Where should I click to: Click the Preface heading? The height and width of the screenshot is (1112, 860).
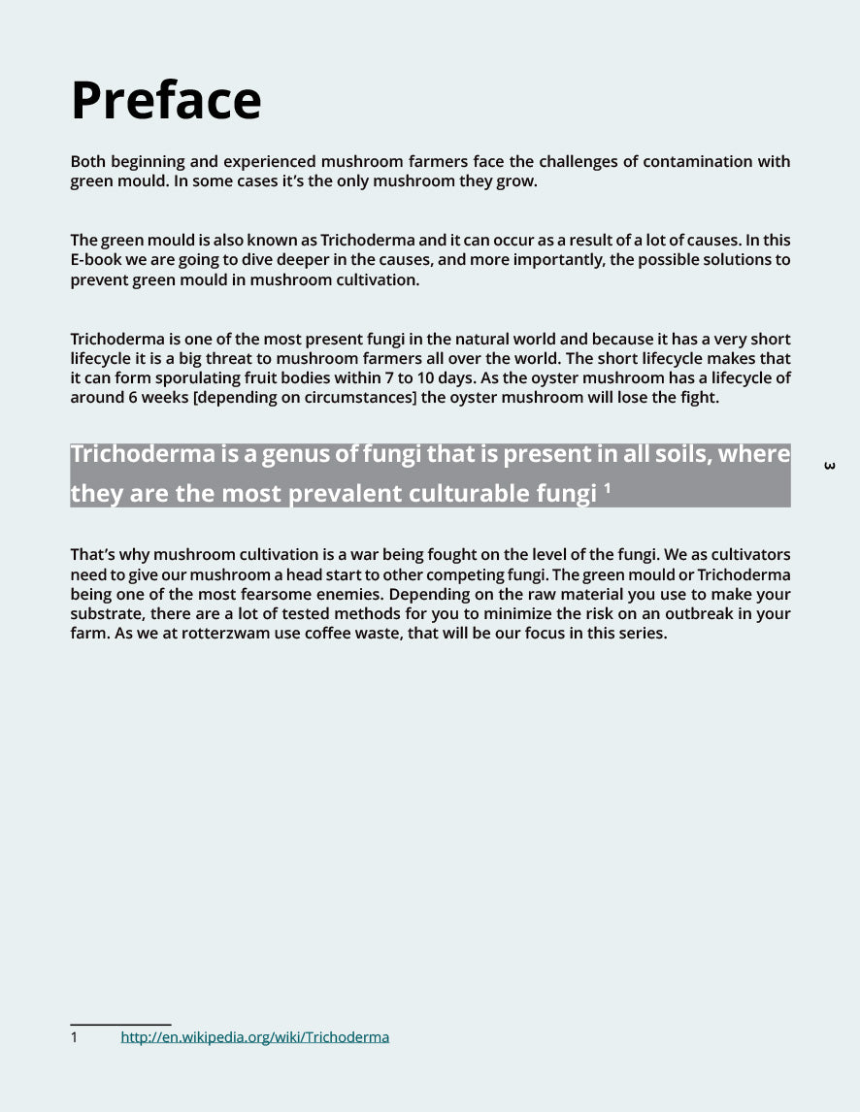point(166,100)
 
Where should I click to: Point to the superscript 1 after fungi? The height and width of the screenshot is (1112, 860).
point(607,488)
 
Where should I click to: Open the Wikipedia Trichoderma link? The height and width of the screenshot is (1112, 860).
point(254,1037)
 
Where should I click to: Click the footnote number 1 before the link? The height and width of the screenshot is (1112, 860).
point(74,1037)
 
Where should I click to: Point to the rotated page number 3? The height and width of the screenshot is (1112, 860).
point(829,466)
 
